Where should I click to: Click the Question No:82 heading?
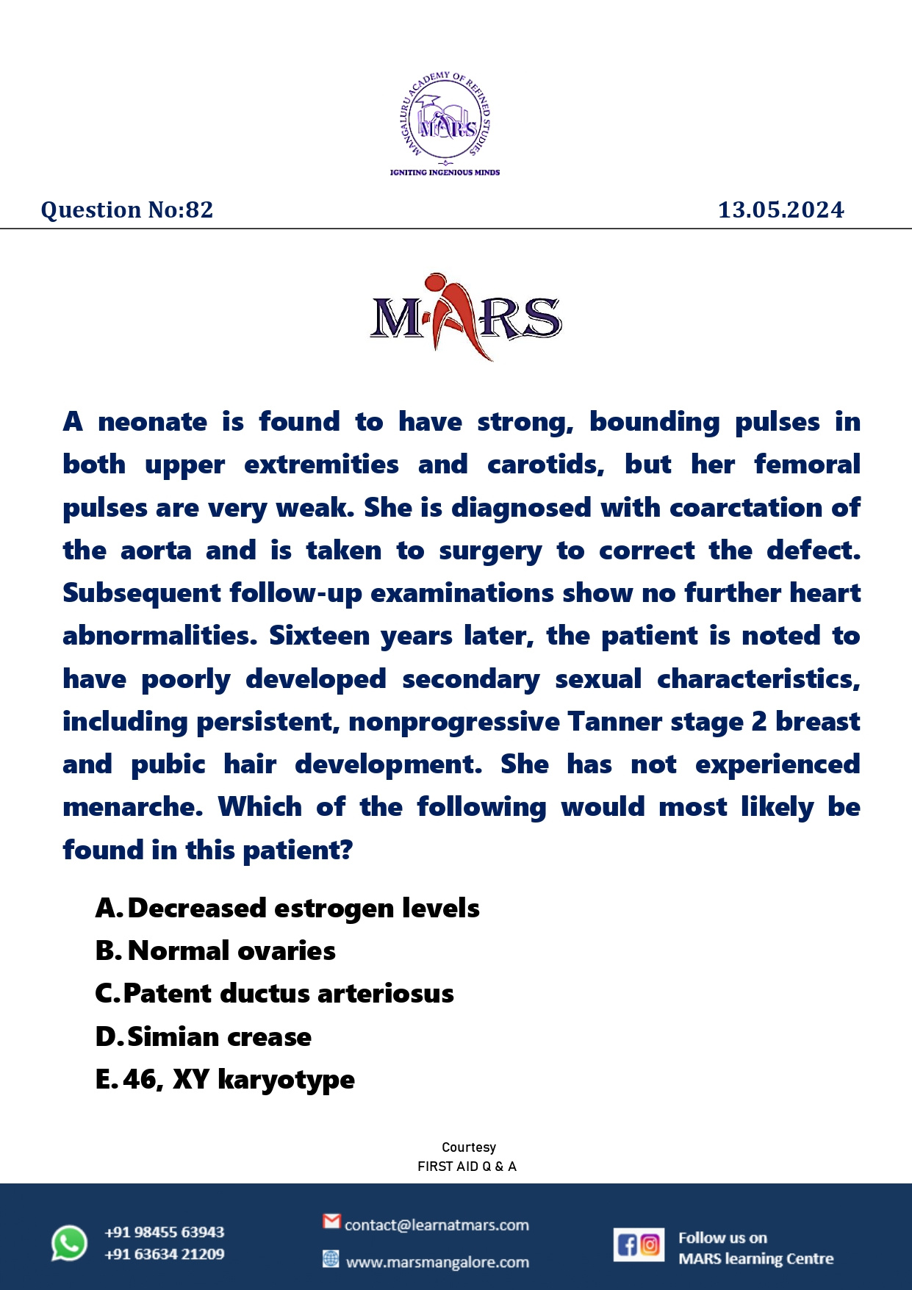[x=127, y=210]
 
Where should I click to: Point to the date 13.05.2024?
[x=780, y=210]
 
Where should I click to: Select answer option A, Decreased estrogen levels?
[x=287, y=909]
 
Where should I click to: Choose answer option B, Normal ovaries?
[x=215, y=951]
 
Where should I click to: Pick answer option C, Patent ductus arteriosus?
[x=275, y=994]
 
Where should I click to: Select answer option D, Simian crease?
[x=204, y=1037]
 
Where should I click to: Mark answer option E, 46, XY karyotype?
[x=225, y=1080]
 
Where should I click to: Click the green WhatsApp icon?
[x=69, y=1243]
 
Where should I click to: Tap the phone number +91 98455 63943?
[x=164, y=1232]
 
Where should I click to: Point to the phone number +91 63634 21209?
[x=164, y=1254]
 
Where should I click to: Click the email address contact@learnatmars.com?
[x=437, y=1225]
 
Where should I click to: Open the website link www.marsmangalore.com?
[x=437, y=1262]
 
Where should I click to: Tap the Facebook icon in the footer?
[x=628, y=1244]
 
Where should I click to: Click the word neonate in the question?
[x=153, y=422]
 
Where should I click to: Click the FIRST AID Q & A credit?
[x=467, y=1167]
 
